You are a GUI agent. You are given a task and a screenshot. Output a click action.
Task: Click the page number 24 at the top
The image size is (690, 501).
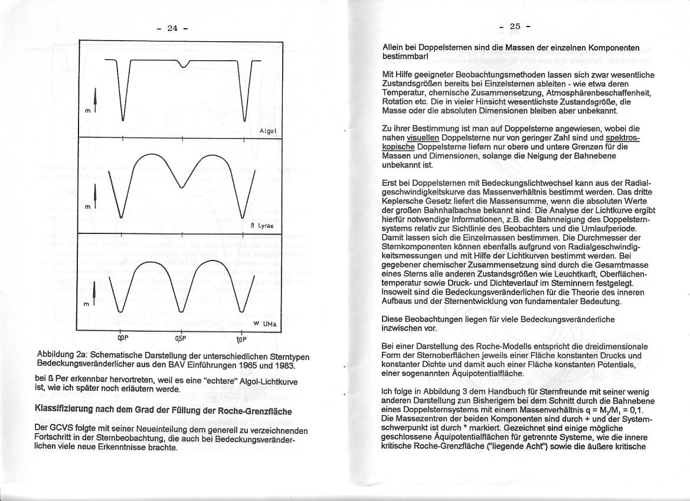(172, 28)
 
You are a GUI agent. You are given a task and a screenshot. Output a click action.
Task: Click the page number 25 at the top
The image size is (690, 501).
(515, 26)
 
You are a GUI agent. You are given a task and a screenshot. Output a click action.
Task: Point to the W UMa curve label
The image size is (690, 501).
(265, 324)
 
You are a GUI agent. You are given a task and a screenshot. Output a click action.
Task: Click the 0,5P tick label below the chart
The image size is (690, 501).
(181, 339)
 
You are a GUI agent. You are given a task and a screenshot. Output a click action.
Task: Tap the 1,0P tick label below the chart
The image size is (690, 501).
(241, 340)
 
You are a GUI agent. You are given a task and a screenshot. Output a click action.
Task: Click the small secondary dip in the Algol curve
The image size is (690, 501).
(184, 64)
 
